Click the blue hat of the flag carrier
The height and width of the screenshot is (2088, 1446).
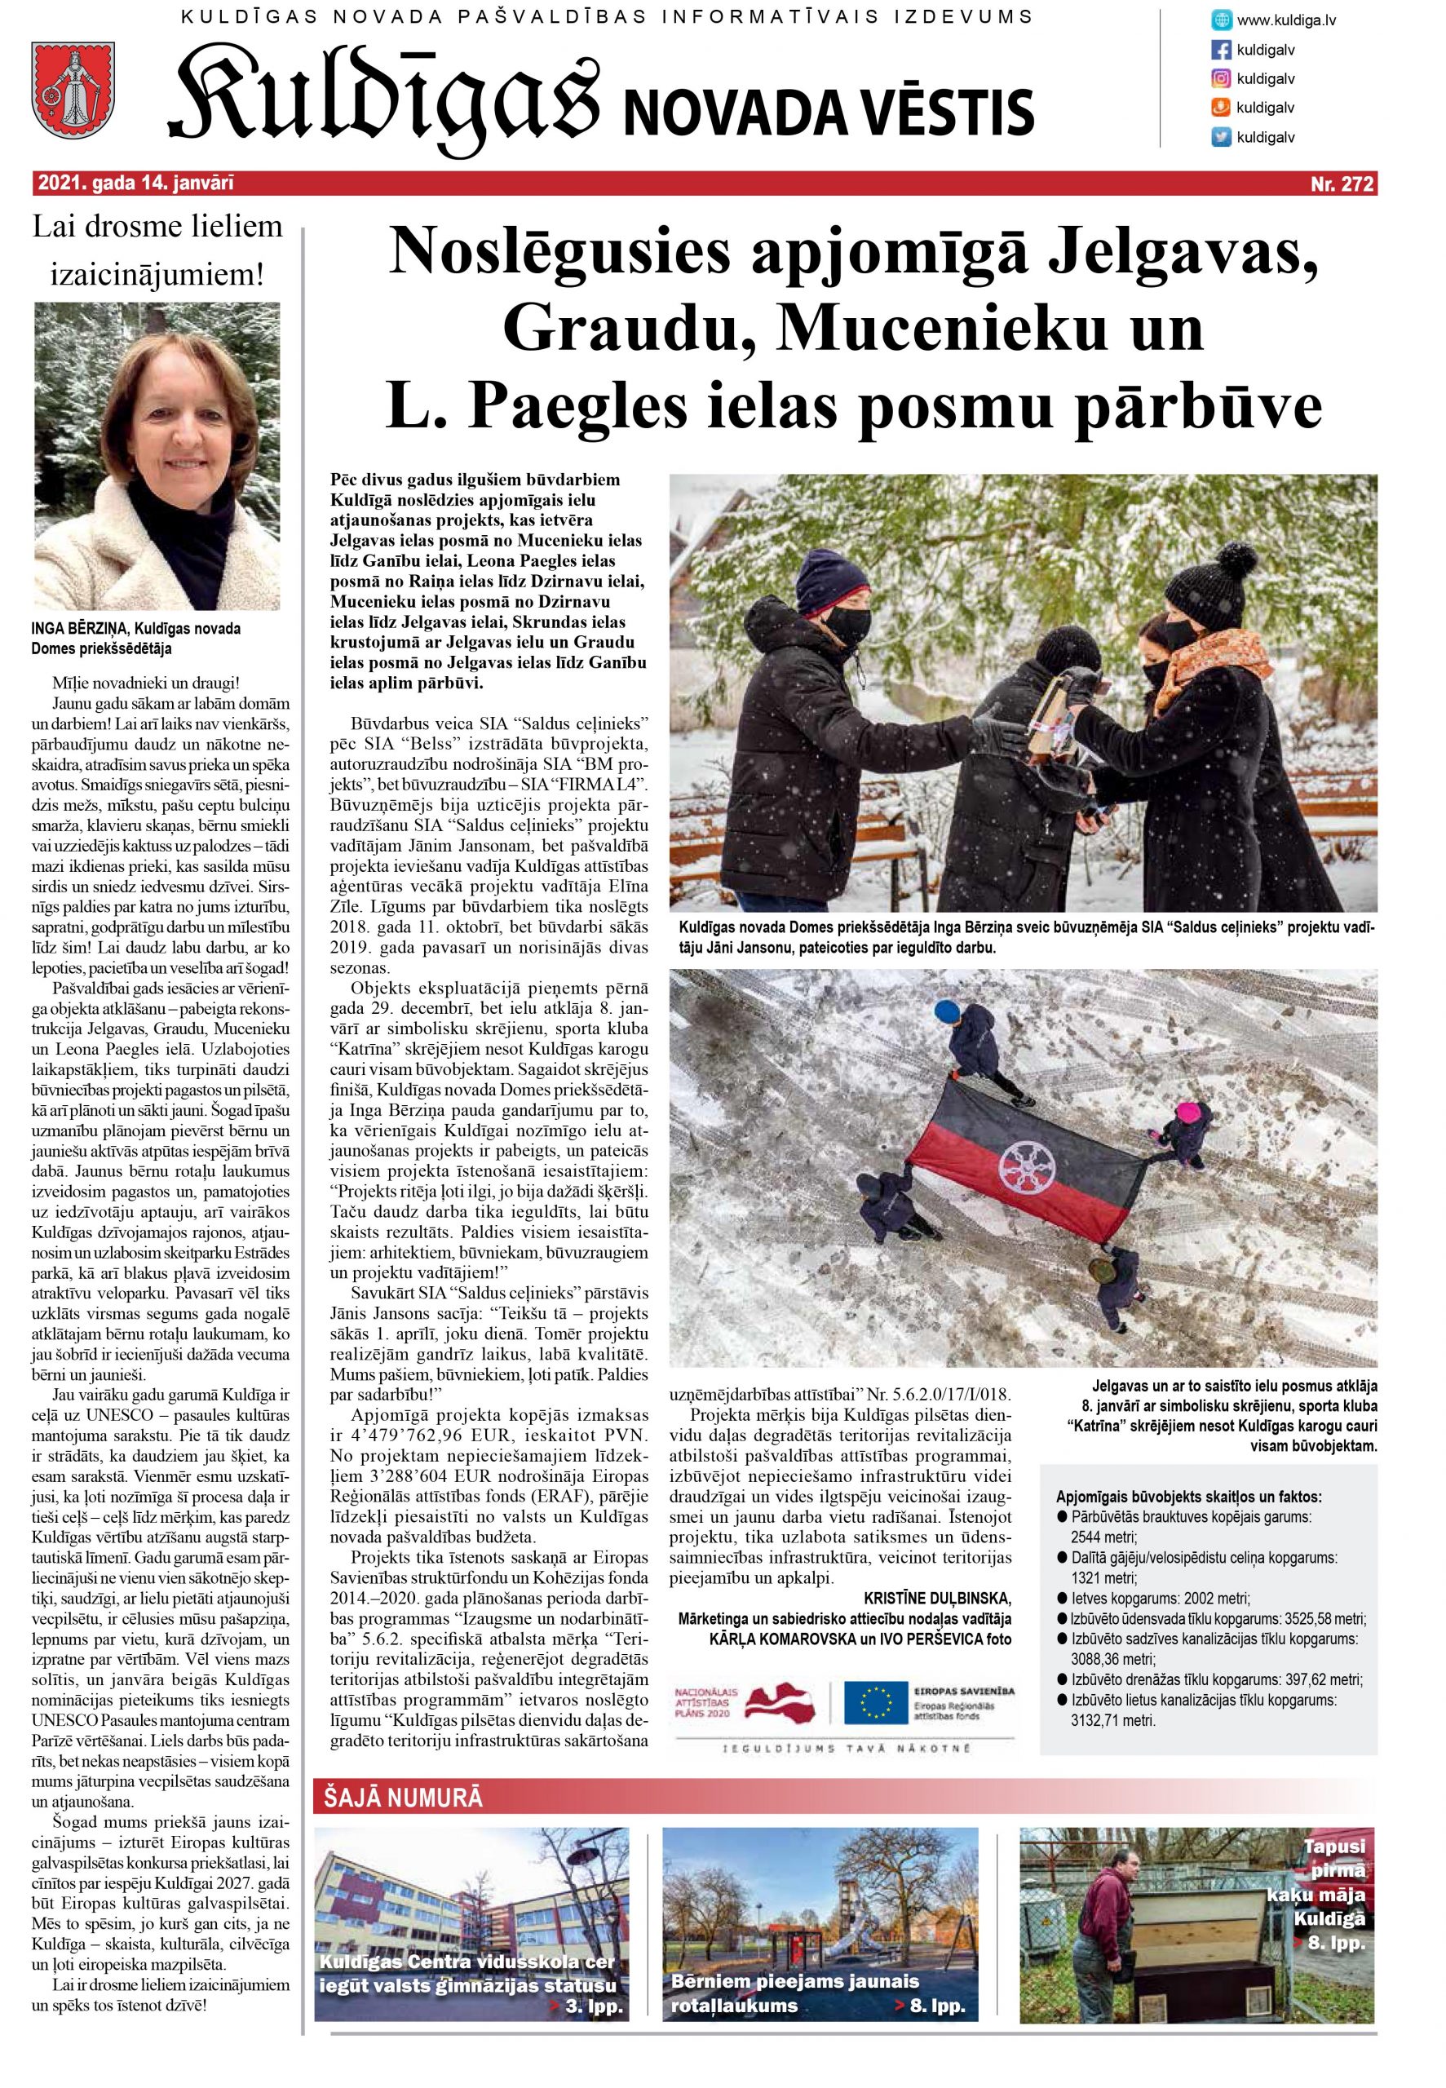pyautogui.click(x=946, y=1010)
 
